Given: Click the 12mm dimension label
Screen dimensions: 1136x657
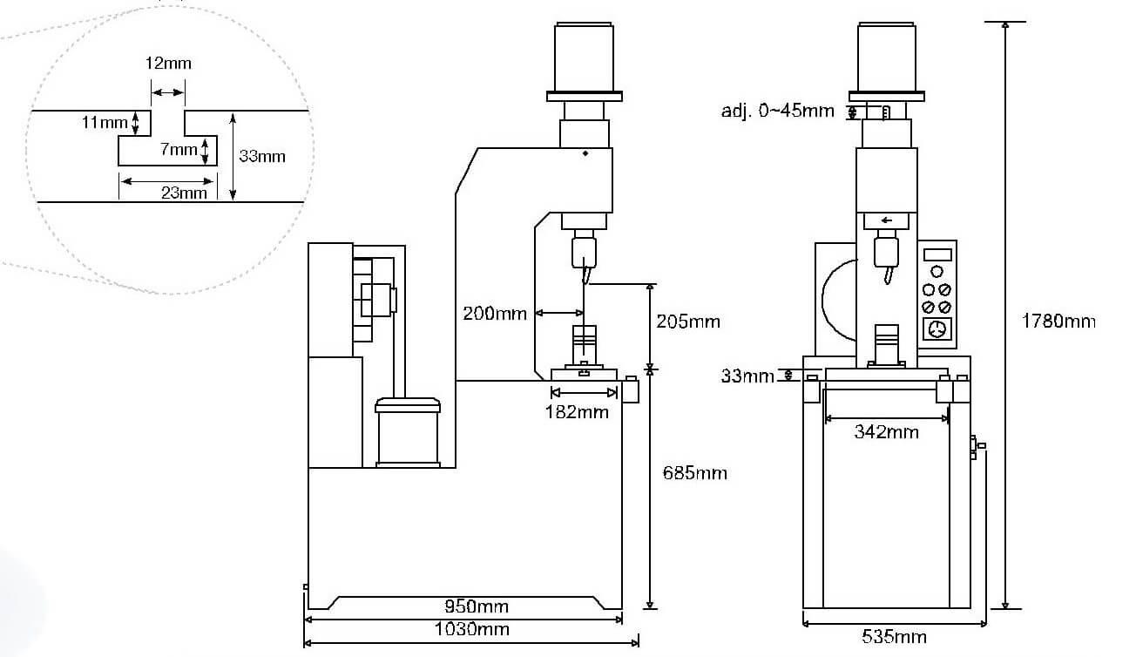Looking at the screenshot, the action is (168, 64).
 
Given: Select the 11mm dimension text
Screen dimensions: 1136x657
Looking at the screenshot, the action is (105, 122).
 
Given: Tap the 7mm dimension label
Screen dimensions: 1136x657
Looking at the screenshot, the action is (179, 149).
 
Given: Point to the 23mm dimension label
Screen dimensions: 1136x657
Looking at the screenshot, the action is (184, 193).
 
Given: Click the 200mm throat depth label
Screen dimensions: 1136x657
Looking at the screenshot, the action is (495, 314).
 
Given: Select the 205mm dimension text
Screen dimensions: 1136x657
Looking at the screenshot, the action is (687, 322).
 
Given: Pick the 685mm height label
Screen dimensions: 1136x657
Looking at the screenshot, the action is (695, 473).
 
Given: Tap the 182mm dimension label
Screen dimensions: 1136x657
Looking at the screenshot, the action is (577, 412).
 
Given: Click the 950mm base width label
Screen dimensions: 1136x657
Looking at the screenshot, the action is (477, 606).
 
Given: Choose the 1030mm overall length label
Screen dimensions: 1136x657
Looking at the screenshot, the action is (471, 629).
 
